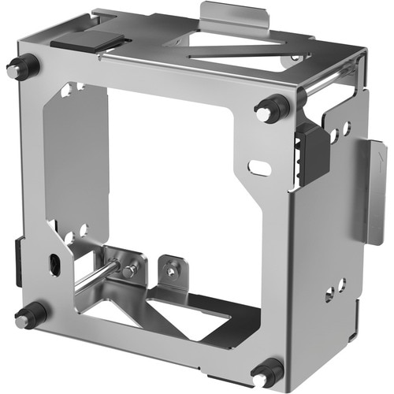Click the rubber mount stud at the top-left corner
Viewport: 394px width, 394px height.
click(x=23, y=67)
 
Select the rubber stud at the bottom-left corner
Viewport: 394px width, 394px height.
click(x=28, y=317)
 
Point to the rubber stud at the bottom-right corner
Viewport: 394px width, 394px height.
click(x=266, y=373)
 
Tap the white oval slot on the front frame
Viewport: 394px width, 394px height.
click(x=260, y=167)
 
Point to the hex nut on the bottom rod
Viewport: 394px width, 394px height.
click(x=130, y=270)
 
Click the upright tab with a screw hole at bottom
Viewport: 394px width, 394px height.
click(x=171, y=270)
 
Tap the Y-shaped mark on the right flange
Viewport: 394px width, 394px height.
click(x=381, y=158)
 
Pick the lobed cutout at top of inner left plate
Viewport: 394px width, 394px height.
click(x=72, y=89)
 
